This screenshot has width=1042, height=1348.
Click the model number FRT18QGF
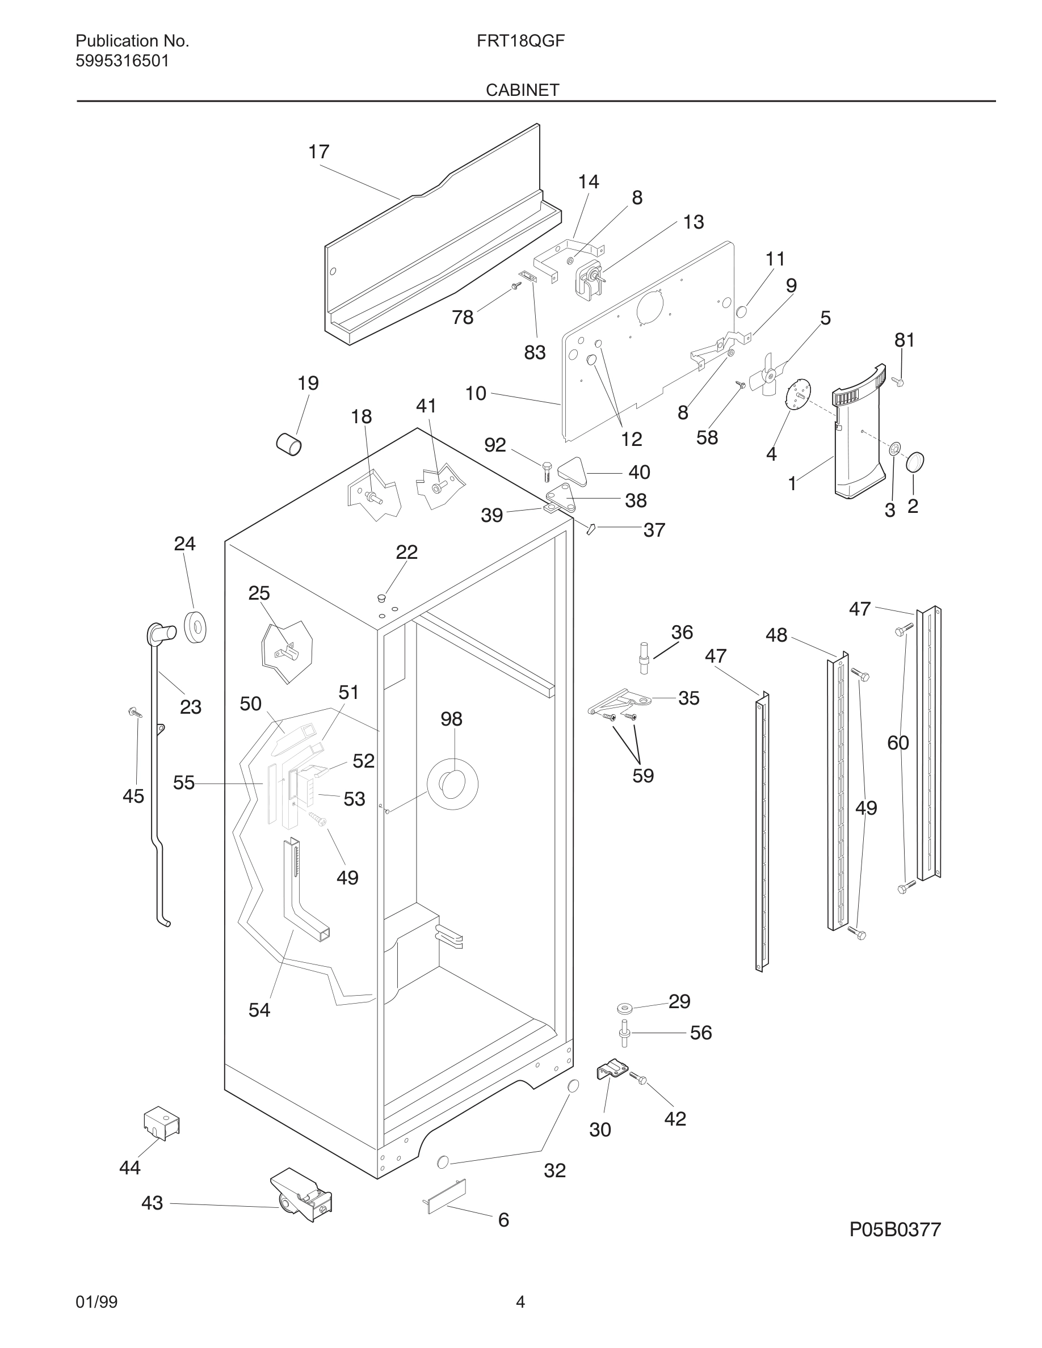[520, 41]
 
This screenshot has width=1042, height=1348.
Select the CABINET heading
[522, 90]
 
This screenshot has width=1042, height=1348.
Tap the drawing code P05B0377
[894, 1230]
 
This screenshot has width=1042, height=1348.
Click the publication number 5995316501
[121, 61]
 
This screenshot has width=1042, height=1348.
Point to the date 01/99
[96, 1302]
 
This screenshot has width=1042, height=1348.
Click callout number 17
[318, 152]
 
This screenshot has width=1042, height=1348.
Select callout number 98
[451, 719]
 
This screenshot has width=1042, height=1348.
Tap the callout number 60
[897, 743]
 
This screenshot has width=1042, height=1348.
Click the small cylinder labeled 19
[288, 444]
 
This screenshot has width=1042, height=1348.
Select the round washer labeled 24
[196, 628]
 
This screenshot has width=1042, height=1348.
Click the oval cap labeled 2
[915, 462]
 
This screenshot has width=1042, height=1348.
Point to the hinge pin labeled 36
[645, 655]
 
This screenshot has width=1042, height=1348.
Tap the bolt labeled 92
[547, 471]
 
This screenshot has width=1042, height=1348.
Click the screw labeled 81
[898, 382]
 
